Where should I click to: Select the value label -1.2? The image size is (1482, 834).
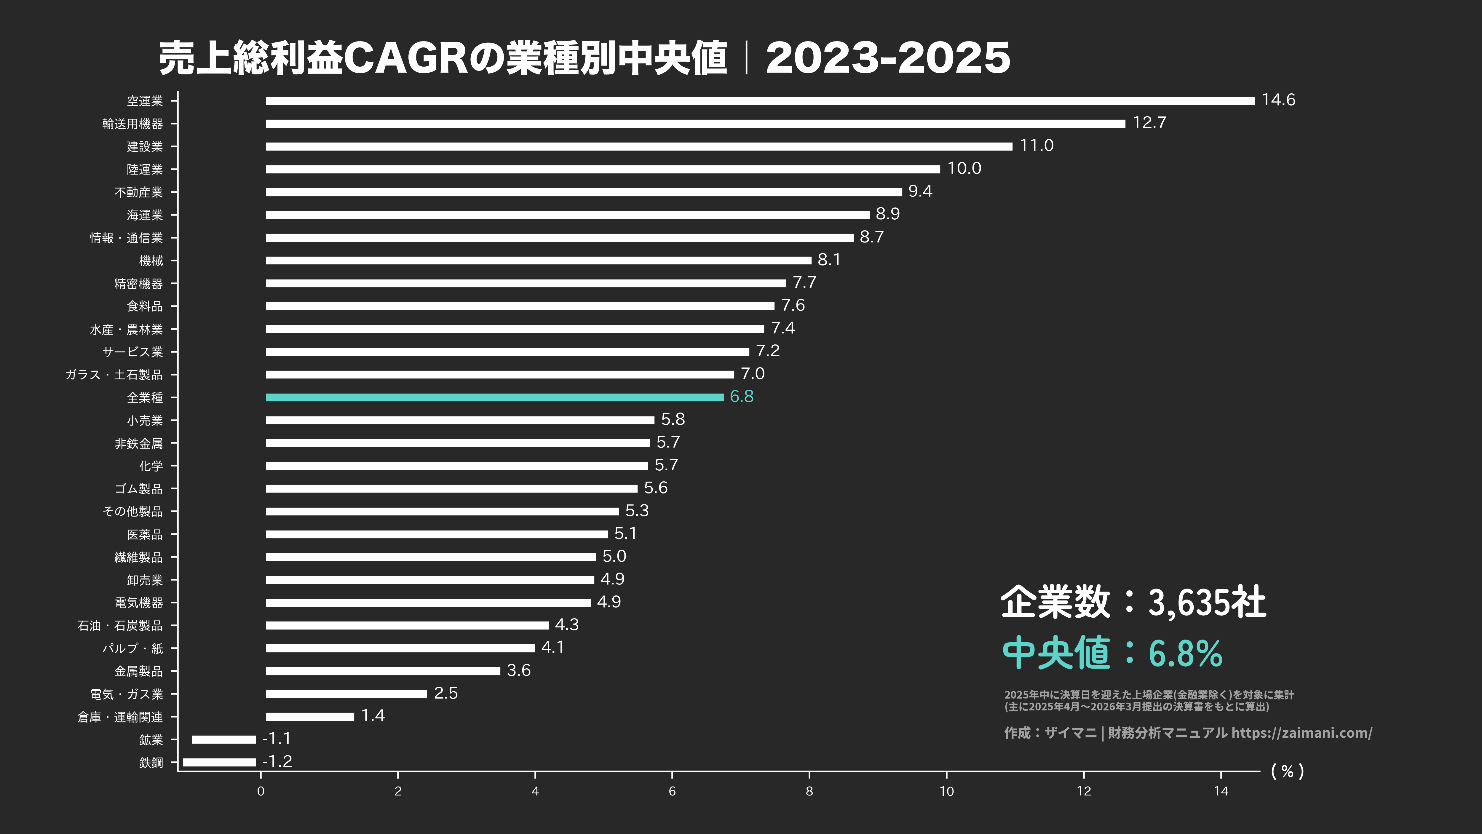277,761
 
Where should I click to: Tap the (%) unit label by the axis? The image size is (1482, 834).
1287,771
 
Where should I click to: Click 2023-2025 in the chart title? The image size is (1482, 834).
888,58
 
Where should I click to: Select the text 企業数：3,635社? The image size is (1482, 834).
1133,602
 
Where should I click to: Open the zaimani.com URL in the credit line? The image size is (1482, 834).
1301,733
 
